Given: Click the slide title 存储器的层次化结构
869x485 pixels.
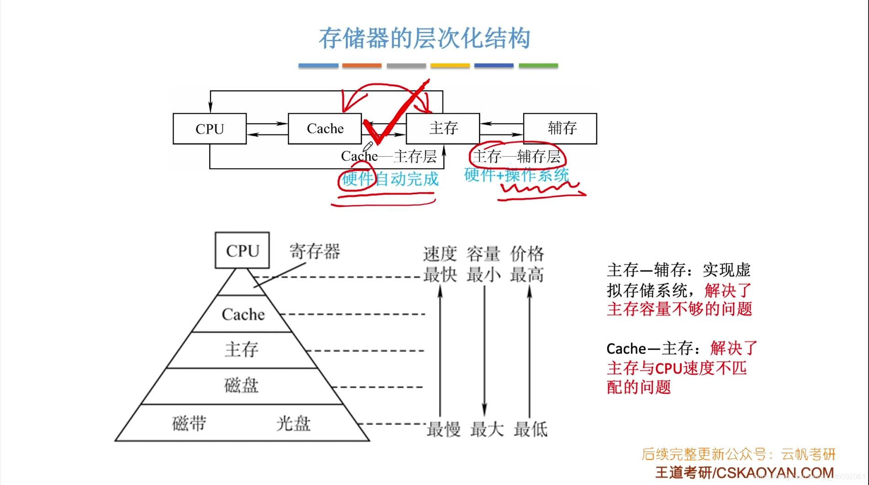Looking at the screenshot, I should tap(424, 38).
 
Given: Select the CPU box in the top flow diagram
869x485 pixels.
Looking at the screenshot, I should tap(210, 129).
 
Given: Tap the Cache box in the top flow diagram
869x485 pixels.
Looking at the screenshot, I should tap(325, 129).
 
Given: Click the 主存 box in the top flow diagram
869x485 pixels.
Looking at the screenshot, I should tap(443, 128).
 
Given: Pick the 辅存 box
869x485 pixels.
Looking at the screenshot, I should tap(560, 128).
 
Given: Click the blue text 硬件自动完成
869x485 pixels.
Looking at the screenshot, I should tap(390, 179).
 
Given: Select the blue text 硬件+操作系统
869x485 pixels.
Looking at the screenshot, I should tap(516, 174).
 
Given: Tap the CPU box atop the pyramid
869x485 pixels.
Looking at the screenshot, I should tap(242, 250).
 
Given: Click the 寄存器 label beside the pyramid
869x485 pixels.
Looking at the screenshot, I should tap(315, 251).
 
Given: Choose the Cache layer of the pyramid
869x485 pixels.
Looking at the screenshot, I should tap(243, 314).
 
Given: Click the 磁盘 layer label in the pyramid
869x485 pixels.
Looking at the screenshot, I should tap(241, 385).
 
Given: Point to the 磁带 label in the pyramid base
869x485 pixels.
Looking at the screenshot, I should tap(189, 423).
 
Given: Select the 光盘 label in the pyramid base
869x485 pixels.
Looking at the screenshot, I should tap(293, 423).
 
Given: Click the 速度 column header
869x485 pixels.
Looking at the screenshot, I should tap(440, 253).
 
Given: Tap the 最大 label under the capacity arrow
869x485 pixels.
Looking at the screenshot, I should tap(487, 429).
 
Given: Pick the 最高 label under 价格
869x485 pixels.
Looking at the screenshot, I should tap(527, 275).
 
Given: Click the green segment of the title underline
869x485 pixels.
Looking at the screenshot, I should tap(538, 66).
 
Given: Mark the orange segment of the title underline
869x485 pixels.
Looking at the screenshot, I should tap(362, 66).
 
